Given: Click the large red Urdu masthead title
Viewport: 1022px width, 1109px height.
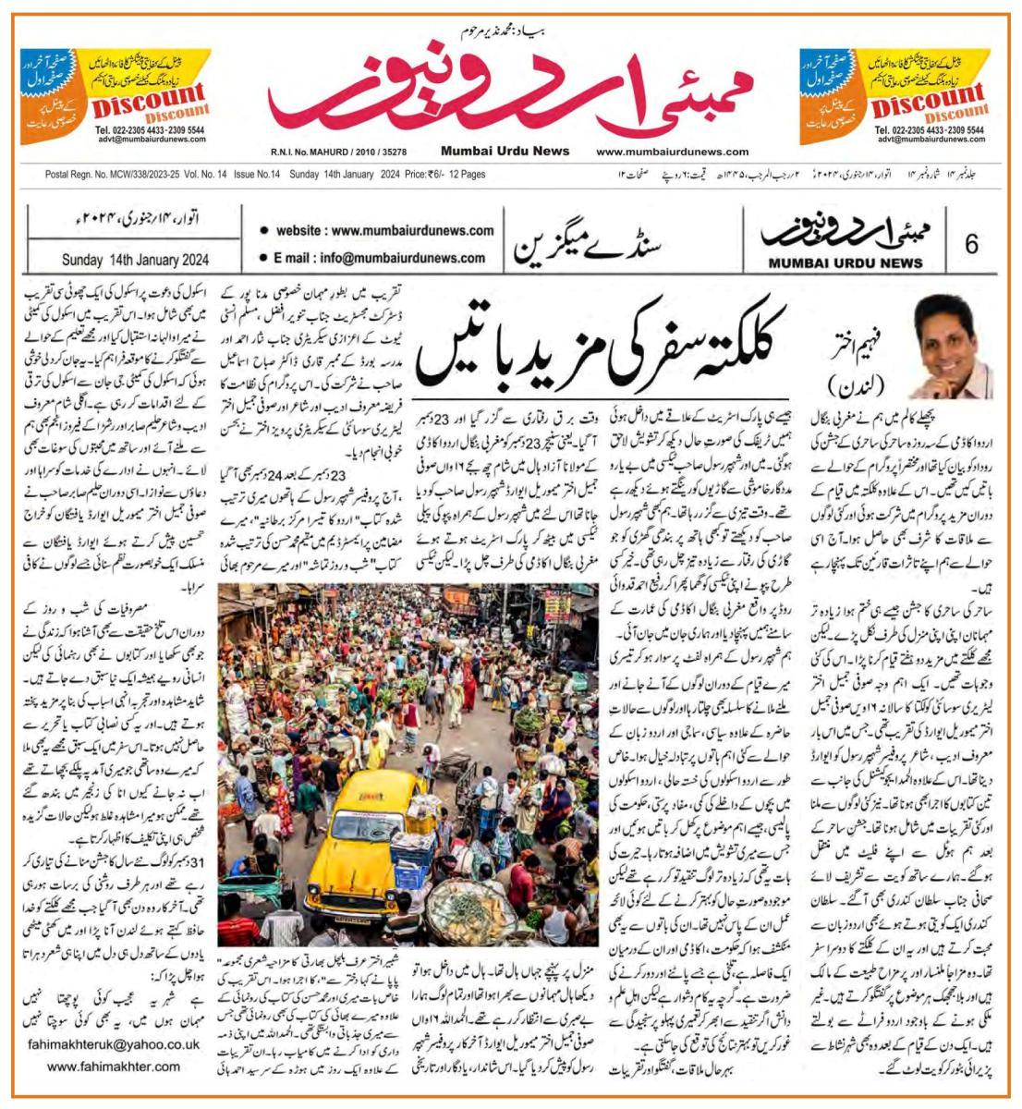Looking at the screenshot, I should coord(511,92).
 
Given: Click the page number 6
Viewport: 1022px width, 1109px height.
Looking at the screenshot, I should coord(971,244).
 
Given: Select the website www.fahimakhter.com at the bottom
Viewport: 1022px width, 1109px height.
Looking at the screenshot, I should coord(114,1066).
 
